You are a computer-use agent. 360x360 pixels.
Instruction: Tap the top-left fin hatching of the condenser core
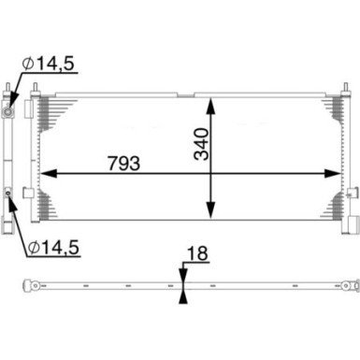(x=51, y=112)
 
